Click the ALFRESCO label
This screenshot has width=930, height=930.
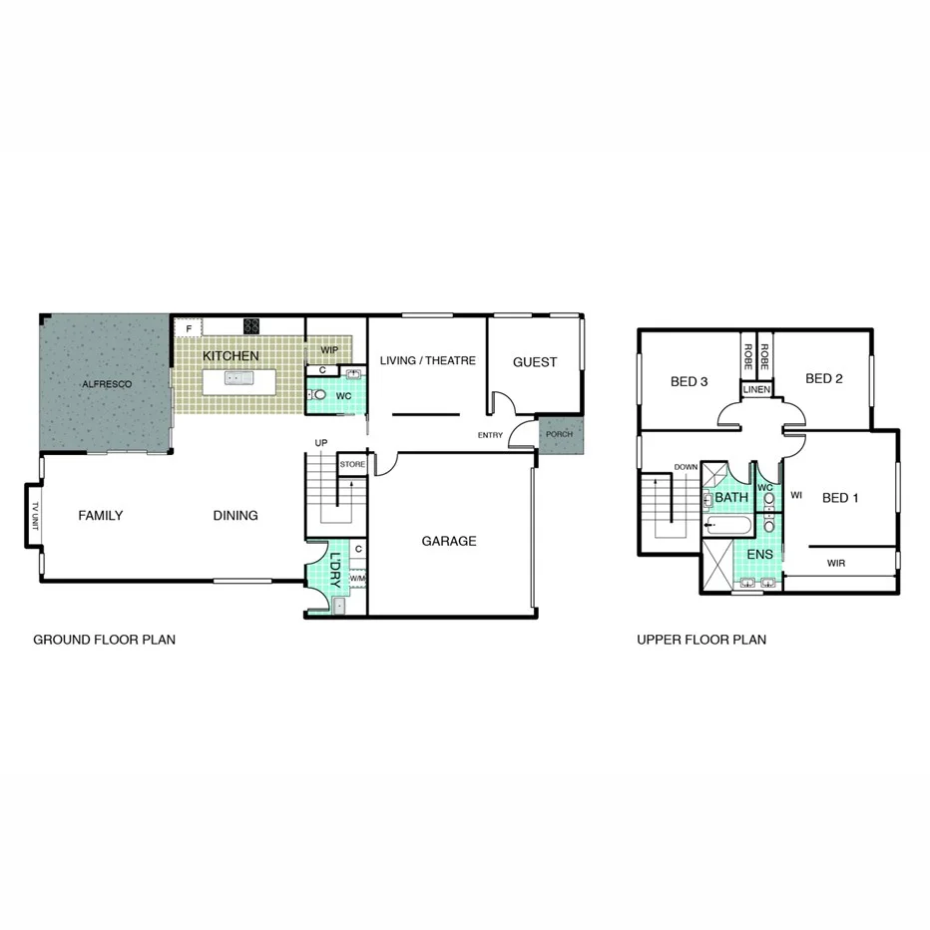(107, 383)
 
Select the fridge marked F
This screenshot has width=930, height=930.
(189, 326)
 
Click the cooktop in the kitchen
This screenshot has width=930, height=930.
(251, 325)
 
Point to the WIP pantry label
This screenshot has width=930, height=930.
(329, 350)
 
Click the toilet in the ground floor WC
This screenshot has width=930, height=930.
(319, 395)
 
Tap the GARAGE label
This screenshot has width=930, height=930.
(448, 541)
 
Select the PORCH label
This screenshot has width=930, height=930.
(559, 435)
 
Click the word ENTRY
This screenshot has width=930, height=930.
(490, 435)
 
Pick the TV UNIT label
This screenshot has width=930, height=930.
(34, 515)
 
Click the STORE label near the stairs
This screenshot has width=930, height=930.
(352, 465)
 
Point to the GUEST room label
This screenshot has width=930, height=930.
(535, 361)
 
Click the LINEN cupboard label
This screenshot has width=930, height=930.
(756, 389)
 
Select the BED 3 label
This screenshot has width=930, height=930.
(690, 380)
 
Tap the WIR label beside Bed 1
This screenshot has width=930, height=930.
(837, 563)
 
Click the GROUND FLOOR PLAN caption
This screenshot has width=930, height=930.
(105, 640)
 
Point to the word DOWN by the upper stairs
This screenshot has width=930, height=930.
(686, 467)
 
